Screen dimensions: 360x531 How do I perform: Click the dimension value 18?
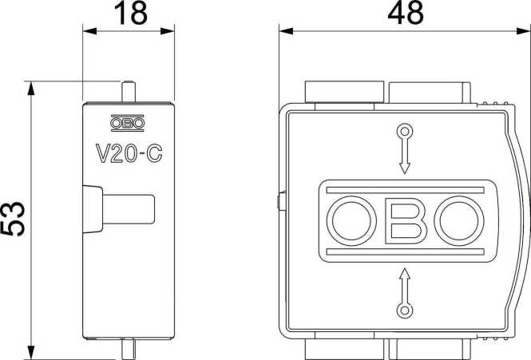(128, 14)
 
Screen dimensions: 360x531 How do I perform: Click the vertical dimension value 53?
(14, 220)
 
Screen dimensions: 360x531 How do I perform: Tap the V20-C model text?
(128, 152)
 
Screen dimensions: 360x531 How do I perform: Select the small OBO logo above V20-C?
(128, 124)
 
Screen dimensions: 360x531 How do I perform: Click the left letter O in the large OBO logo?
(351, 220)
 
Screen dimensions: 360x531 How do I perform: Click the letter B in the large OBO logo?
(405, 220)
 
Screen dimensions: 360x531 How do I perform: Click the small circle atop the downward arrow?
(405, 131)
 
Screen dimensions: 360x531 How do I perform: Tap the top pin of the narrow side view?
(128, 91)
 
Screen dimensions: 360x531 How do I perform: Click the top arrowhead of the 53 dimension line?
(30, 86)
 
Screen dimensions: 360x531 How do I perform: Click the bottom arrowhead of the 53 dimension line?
(30, 353)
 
